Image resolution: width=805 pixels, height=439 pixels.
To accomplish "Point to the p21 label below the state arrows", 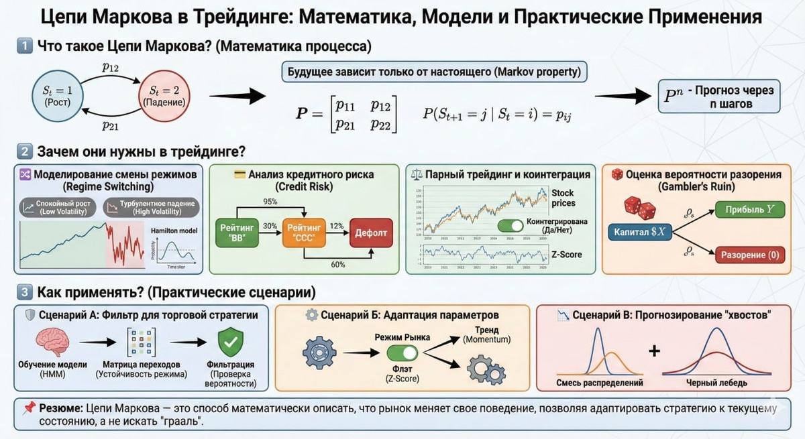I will (110, 125).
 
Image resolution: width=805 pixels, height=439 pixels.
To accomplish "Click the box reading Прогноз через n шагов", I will (718, 97).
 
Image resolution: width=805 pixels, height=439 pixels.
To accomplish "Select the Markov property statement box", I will (434, 72).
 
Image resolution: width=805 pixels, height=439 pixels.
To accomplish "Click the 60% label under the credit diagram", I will (337, 264).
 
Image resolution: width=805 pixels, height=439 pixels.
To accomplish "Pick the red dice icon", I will (640, 208).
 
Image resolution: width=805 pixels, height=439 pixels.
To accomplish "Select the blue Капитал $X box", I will (639, 233).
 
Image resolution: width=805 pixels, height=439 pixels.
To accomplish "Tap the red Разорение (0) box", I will (749, 255).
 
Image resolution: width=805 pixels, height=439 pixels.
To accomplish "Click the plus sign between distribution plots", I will (654, 351).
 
